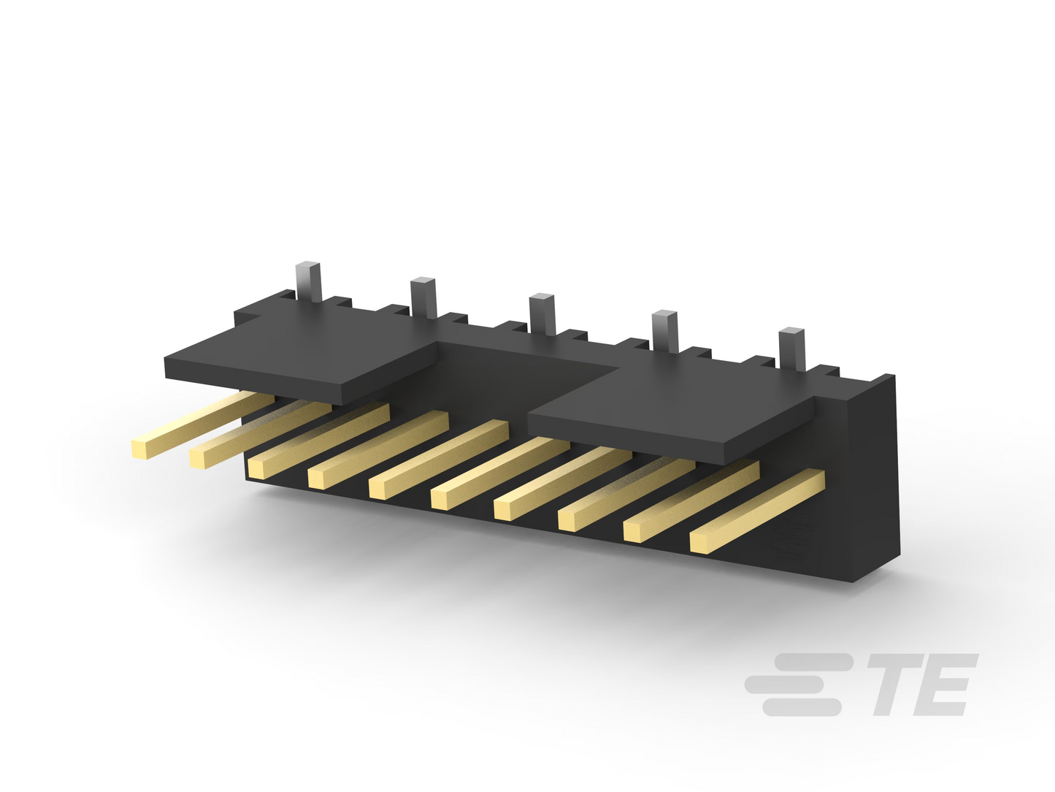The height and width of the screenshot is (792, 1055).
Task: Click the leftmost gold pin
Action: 202,424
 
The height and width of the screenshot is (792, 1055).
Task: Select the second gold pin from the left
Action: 260,434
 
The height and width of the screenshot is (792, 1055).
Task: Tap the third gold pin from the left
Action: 318,441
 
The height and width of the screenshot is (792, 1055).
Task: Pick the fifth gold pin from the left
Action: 438,460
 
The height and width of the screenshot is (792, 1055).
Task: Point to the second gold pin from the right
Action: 691,501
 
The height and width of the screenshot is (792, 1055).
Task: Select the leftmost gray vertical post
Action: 309,282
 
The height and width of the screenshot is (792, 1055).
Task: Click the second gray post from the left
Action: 423,297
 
